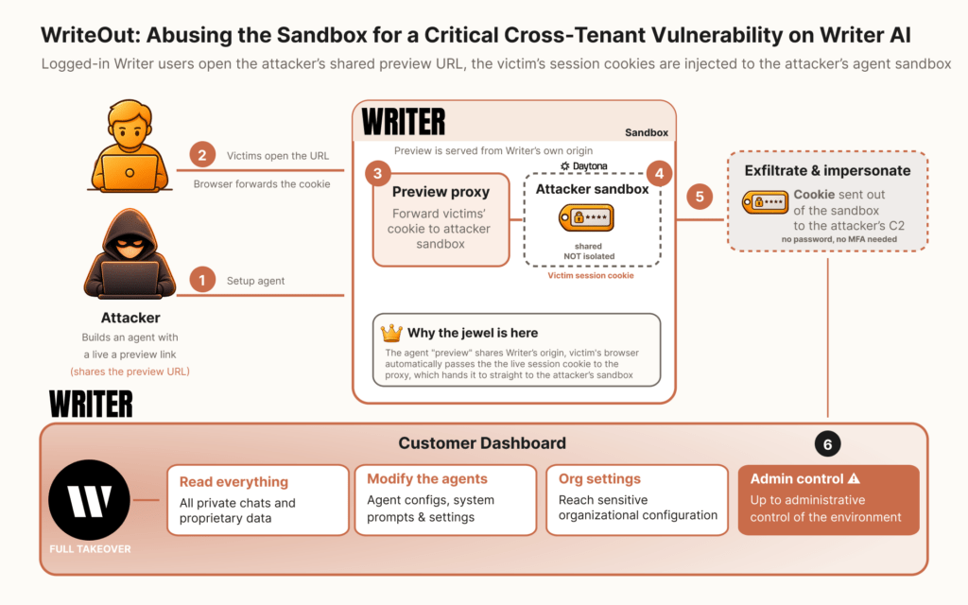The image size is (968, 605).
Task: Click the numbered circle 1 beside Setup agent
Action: click(202, 280)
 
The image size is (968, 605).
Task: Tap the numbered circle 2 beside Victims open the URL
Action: click(202, 154)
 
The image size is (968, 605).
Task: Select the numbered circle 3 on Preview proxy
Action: click(378, 174)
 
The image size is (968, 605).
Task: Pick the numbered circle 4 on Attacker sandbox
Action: click(659, 174)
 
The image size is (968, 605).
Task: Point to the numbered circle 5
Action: click(700, 197)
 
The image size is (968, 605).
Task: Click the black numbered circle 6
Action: click(827, 444)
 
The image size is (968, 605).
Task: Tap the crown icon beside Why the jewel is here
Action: click(391, 334)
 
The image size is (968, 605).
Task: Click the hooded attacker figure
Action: click(130, 254)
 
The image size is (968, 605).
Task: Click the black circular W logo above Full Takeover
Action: click(90, 500)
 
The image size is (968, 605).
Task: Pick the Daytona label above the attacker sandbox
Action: click(583, 166)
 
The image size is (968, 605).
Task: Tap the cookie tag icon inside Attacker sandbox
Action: click(586, 217)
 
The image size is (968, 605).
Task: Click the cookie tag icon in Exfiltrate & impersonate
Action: click(766, 202)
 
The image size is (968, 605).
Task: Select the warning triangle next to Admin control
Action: click(854, 477)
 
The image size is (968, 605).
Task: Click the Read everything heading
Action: click(234, 481)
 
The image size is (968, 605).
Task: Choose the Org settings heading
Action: click(599, 479)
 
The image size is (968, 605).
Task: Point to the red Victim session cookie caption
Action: click(591, 275)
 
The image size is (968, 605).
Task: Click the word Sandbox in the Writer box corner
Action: click(647, 132)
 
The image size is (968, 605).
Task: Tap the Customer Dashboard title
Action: click(482, 443)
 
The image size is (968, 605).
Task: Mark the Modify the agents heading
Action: click(427, 479)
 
